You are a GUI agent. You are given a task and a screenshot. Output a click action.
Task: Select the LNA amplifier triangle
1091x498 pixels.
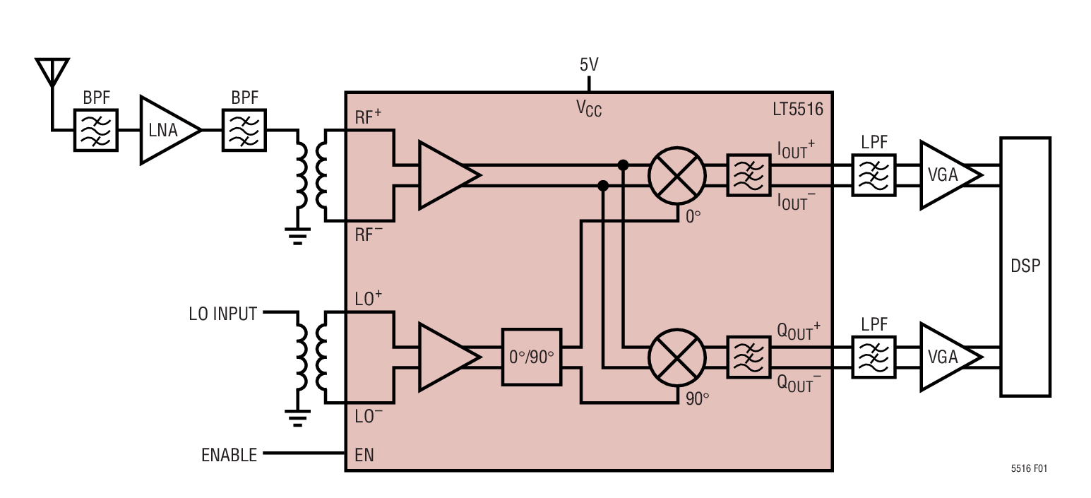(166, 130)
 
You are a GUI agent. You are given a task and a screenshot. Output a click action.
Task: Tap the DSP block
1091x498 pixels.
(1025, 266)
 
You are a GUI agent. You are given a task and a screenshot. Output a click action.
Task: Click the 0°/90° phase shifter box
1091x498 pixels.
(532, 357)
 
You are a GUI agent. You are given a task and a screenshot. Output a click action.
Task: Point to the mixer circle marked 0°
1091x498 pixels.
(677, 174)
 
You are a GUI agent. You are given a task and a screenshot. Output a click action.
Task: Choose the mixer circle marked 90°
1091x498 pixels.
(677, 357)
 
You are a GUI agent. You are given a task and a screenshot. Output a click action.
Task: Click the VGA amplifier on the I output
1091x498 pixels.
(946, 174)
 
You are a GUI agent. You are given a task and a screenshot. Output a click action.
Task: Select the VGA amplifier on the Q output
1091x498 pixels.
(946, 357)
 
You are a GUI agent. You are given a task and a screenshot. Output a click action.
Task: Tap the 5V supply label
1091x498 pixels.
(589, 65)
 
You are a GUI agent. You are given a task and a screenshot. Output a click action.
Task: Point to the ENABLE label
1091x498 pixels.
(229, 456)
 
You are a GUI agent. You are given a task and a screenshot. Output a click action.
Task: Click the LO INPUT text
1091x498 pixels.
(222, 314)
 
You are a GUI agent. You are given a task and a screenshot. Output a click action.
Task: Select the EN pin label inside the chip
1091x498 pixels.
(364, 456)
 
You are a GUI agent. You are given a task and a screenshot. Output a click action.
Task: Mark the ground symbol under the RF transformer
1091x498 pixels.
(299, 235)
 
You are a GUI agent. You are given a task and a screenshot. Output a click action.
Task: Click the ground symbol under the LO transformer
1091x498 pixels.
(299, 419)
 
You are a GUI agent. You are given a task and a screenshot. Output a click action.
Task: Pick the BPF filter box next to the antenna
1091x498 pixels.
(96, 130)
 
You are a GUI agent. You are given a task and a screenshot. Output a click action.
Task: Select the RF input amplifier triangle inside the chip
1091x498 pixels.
(445, 174)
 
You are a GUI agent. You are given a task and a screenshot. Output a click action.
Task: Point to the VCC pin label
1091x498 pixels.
(589, 109)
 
